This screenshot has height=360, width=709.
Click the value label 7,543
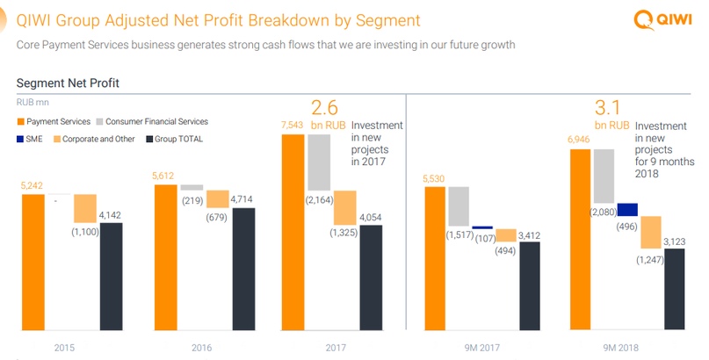[293, 126]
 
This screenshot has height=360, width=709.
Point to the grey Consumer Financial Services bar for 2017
[319, 162]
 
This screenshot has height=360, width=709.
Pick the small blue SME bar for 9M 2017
[483, 227]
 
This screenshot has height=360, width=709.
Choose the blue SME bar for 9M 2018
[627, 210]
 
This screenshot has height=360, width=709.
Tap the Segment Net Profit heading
[68, 83]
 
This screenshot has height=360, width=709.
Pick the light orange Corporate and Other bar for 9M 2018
[651, 233]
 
